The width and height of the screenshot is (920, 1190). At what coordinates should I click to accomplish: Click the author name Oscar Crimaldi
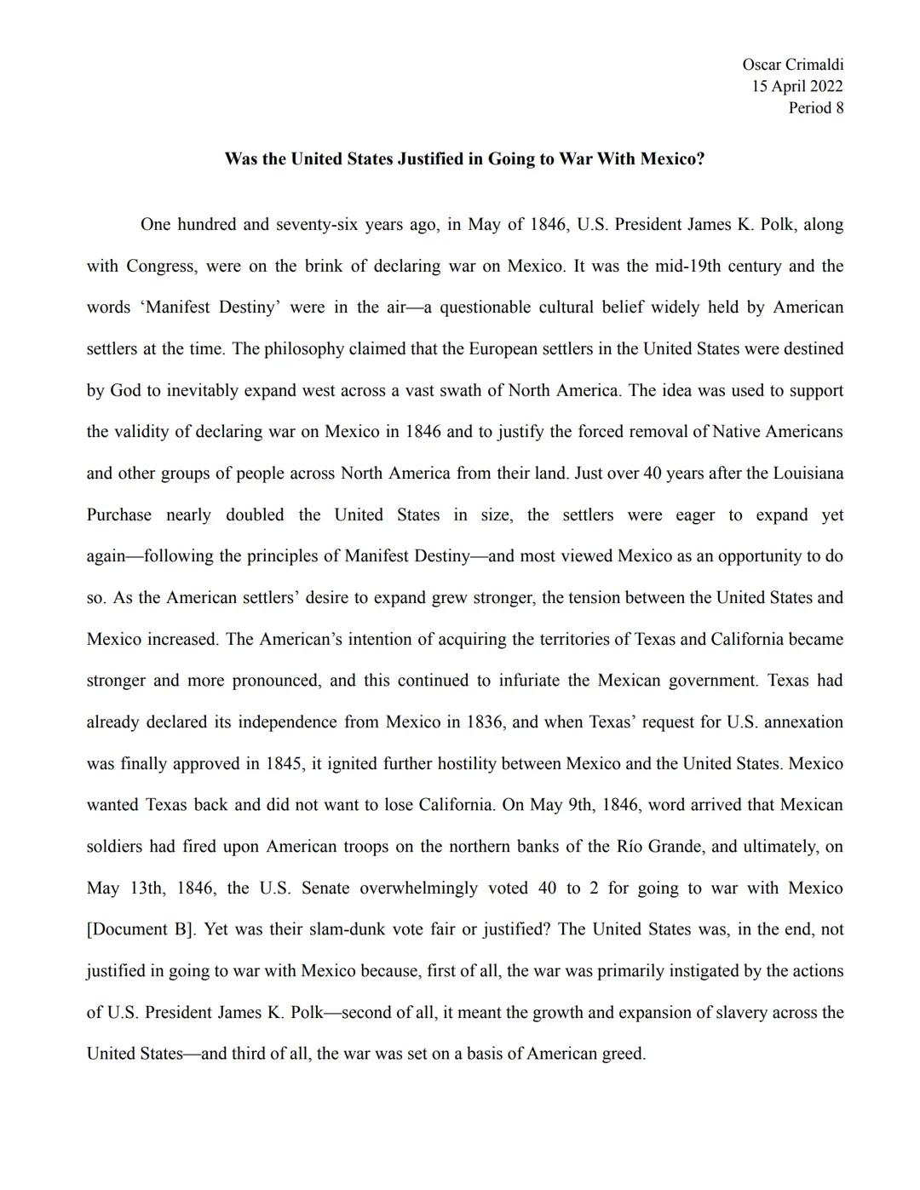[792, 65]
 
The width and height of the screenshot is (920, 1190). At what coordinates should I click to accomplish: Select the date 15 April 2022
[796, 86]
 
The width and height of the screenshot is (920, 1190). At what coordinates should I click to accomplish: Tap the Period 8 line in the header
[815, 107]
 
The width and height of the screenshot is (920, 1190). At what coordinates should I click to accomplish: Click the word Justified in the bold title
[440, 159]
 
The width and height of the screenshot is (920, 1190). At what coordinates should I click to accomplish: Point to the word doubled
[255, 515]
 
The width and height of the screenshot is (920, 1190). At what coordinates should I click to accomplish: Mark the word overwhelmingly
[418, 888]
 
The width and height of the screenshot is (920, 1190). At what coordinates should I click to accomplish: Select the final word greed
[623, 1055]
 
